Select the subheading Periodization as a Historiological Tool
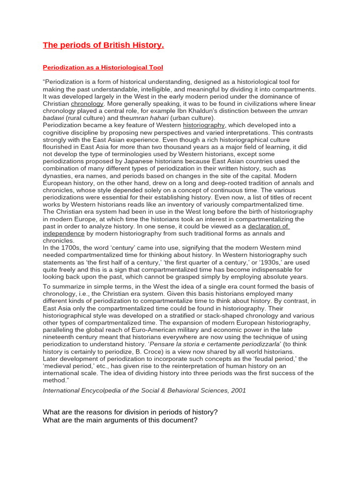pos(103,68)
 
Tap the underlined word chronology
pos(87,104)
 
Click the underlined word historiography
pos(204,125)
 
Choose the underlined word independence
pos(64,233)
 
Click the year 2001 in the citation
pos(237,390)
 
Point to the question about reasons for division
pos(130,412)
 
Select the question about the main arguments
pos(120,420)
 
